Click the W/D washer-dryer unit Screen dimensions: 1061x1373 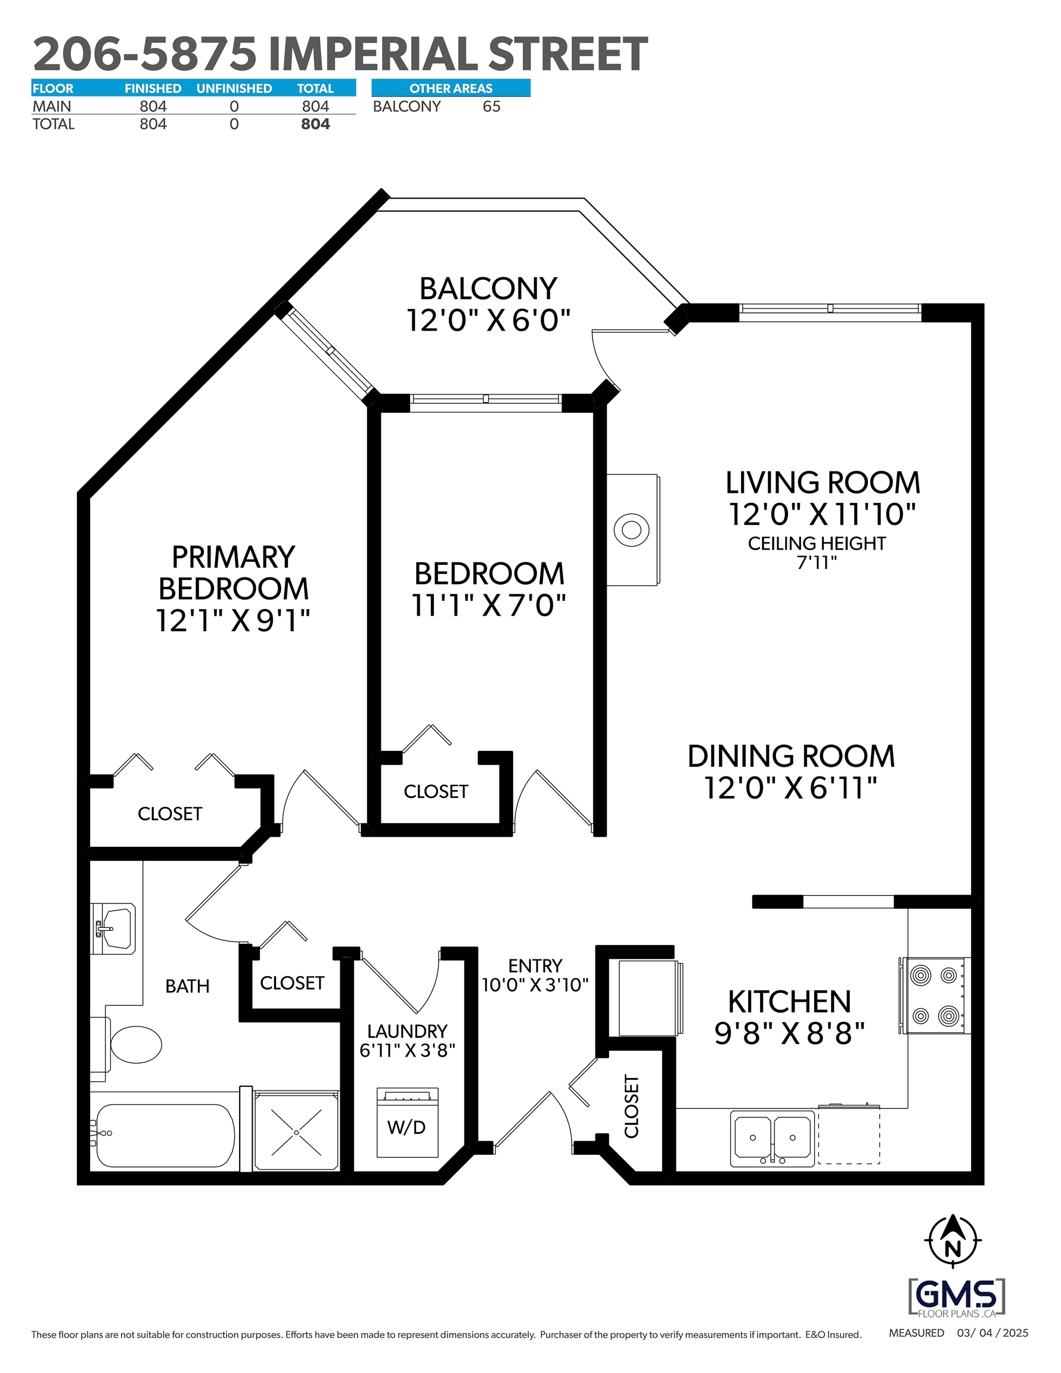407,1123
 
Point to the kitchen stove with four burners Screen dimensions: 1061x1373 935,996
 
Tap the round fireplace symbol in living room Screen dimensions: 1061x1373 631,530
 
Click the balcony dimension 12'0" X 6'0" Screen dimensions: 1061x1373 488,320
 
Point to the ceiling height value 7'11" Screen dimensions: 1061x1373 817,563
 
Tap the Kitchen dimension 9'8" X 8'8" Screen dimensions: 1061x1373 789,1033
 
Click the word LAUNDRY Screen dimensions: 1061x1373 407,1032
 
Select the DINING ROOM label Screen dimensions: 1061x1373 790,756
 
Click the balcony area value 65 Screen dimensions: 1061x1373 491,107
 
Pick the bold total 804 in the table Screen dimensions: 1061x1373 315,125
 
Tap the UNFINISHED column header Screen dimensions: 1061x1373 234,89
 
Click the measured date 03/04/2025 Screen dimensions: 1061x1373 992,1332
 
